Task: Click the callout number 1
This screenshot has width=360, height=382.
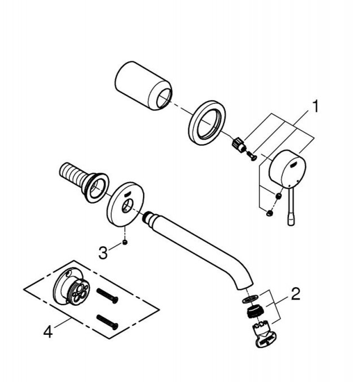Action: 315,107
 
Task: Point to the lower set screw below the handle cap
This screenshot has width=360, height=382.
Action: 270,213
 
